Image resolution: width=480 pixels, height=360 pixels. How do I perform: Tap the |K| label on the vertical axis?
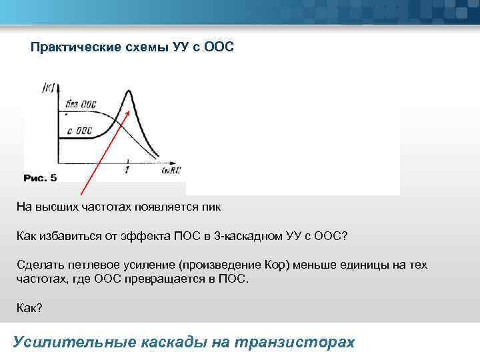(49, 87)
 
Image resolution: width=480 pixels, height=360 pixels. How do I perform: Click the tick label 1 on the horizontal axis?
(127, 171)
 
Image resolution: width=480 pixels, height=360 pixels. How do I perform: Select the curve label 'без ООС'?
(81, 105)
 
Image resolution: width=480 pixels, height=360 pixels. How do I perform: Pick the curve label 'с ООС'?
(79, 131)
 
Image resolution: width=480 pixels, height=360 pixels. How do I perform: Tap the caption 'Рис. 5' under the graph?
(40, 178)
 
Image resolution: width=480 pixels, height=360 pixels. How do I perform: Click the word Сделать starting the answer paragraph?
(39, 265)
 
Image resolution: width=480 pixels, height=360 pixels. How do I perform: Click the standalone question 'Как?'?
(29, 308)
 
